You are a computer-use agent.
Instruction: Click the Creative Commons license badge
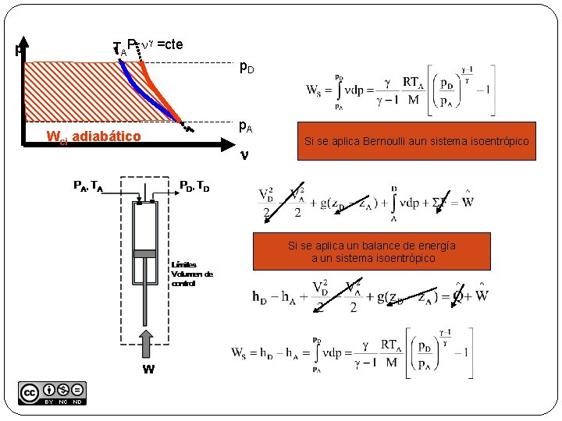[x=52, y=393]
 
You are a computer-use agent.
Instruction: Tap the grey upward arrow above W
[x=147, y=346]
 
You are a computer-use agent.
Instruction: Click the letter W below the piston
[x=148, y=370]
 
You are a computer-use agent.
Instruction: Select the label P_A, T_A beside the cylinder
[x=88, y=186]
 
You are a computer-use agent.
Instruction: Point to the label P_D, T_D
[x=194, y=186]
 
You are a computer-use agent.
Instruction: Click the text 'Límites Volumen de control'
[x=191, y=274]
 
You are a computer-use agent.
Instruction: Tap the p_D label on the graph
[x=246, y=69]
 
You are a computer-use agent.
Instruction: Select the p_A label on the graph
[x=245, y=125]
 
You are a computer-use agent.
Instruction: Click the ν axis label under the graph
[x=244, y=154]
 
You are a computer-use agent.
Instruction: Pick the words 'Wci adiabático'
[x=94, y=137]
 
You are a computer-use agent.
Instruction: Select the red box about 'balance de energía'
[x=372, y=251]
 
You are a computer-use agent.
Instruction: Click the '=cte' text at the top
[x=169, y=44]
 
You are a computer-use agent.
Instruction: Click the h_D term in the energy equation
[x=262, y=296]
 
